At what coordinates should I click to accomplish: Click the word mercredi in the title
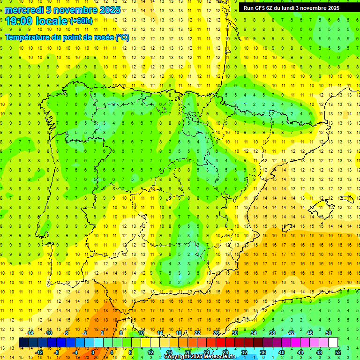[x=24, y=10]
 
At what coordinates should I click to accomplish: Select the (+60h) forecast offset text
[x=81, y=21]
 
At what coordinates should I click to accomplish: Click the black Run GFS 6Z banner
[x=295, y=7]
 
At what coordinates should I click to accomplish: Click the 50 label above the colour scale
[x=329, y=333]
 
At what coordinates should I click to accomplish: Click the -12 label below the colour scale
[x=39, y=352]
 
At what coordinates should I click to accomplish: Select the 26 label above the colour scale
[x=216, y=333]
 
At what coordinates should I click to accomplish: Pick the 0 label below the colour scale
[x=93, y=352]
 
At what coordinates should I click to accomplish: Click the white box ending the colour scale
[x=333, y=343]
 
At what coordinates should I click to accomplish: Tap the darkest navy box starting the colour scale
[x=23, y=343]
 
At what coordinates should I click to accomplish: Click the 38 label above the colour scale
[x=272, y=333]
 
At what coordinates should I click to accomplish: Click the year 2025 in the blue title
[x=110, y=10]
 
